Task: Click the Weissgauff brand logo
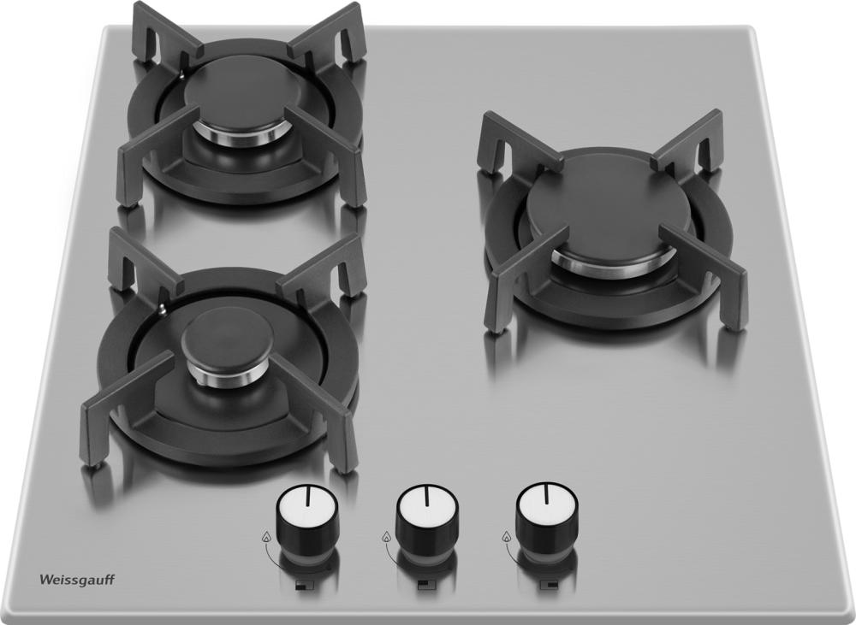[x=77, y=580]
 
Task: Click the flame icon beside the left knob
[x=267, y=537]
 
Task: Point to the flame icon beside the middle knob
[x=387, y=537]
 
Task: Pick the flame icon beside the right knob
[x=506, y=537]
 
